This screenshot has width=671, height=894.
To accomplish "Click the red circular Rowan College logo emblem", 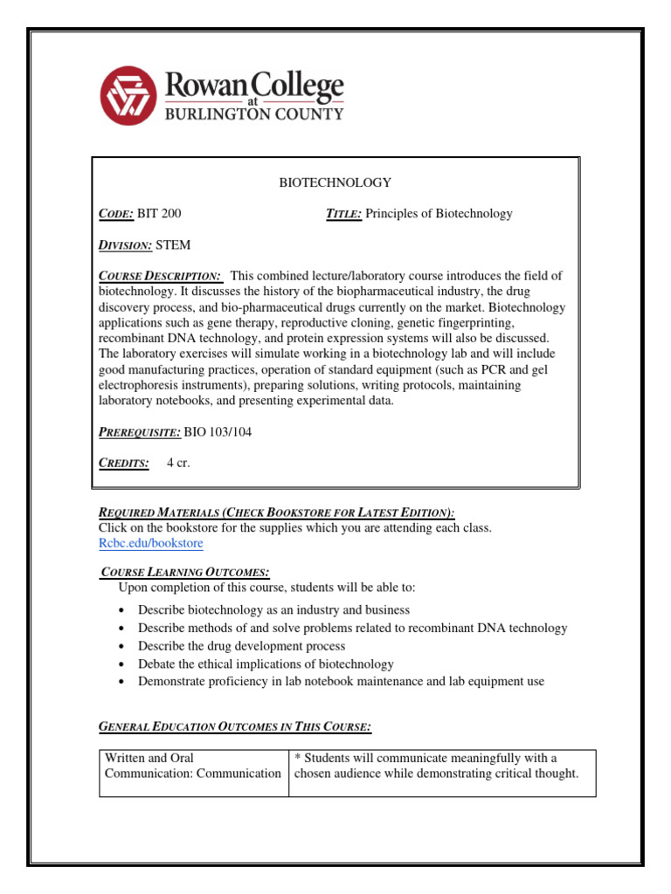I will pos(128,96).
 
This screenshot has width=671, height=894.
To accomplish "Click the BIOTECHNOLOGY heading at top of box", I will pos(335,182).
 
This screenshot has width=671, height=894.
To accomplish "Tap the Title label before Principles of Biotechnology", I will pos(343,213).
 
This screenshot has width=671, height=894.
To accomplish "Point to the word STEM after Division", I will pos(173,244).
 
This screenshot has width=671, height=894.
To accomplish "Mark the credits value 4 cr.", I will pos(178,463).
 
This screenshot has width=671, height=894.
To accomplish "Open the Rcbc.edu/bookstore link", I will pos(151,543).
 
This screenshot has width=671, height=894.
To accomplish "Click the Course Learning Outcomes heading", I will pos(186,572).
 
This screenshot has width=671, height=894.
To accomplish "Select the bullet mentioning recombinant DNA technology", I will pos(352,628).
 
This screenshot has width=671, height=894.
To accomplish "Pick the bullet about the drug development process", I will pos(241,646).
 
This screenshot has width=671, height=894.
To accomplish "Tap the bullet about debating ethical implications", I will pos(266,664).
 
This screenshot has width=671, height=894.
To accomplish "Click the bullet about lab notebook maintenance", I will pos(341,681).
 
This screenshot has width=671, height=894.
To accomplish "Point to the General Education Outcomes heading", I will pos(235,726).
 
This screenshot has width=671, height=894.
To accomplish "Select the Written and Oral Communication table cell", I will pos(193,766).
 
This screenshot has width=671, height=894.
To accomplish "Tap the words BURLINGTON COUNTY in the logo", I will pos(254,113).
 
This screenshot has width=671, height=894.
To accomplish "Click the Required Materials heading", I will pos(276,512).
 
